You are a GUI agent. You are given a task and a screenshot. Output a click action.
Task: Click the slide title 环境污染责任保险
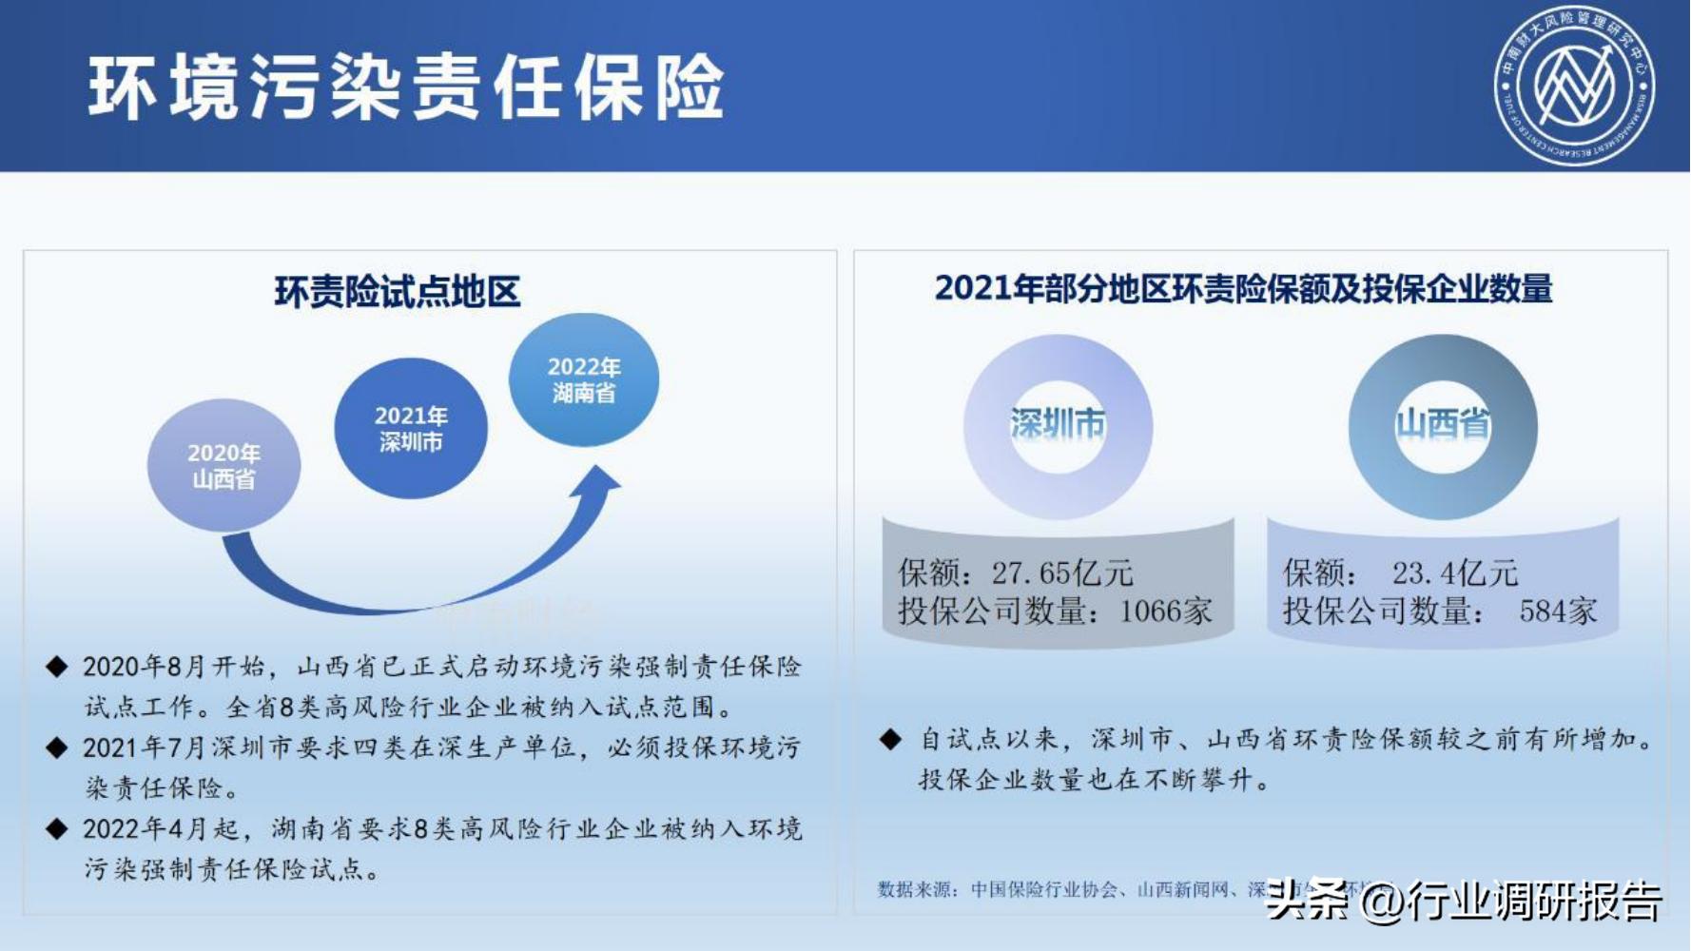406,87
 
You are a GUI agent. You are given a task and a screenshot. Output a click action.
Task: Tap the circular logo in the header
1575,85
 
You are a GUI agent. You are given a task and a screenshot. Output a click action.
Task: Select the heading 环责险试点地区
398,292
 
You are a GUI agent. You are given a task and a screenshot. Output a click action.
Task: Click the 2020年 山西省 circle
224,466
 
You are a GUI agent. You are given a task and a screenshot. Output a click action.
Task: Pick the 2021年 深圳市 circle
411,428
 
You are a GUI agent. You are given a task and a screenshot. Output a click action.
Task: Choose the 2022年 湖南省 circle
584,379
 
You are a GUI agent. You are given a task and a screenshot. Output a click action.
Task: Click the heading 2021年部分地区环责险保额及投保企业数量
1243,288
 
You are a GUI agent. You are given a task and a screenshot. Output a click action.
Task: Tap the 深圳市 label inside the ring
1058,424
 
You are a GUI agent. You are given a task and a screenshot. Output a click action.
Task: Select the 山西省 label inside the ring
1443,424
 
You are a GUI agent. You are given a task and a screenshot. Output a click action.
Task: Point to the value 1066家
1166,611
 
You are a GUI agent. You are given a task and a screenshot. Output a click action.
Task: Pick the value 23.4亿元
1455,573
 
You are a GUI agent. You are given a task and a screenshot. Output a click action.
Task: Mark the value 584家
1558,611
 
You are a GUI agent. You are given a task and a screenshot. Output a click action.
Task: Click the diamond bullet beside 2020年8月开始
57,667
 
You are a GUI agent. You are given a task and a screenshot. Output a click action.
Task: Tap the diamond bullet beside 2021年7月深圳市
57,748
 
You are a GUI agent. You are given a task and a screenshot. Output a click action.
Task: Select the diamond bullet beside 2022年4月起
57,829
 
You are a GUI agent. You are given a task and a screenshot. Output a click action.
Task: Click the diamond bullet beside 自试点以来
890,739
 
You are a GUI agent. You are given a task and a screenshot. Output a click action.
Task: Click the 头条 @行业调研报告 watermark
1465,900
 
